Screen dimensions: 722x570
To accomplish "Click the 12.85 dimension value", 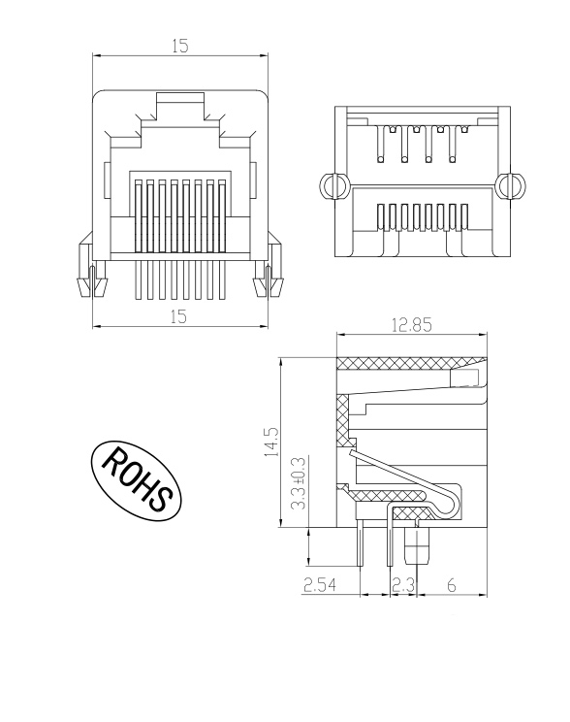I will tap(412, 326).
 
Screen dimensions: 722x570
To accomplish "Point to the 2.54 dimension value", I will tap(320, 584).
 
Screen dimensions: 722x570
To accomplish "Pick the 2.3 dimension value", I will tap(403, 584).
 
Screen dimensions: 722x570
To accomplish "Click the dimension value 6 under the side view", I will tap(453, 584).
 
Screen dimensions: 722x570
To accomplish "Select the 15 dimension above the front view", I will tap(180, 46).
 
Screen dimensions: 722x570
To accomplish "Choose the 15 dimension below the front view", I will tap(180, 316).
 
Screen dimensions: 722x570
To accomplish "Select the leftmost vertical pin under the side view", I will tap(360, 545).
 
